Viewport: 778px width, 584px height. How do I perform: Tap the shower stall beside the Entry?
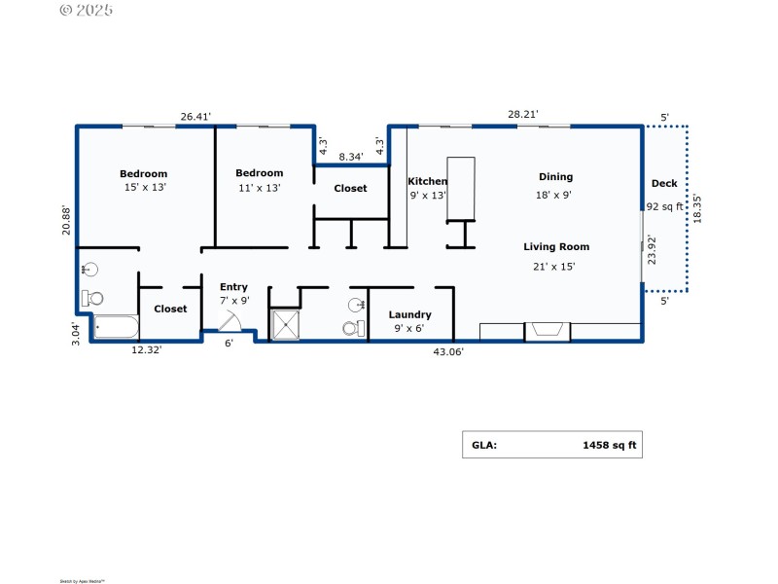tap(286, 325)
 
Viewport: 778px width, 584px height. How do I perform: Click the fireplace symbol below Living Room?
tap(548, 331)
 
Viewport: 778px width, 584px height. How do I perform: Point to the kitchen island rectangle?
tap(461, 189)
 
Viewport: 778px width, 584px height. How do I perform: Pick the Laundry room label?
tap(409, 314)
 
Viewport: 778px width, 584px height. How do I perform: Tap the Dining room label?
tap(555, 177)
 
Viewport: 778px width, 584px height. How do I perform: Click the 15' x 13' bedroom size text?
tap(144, 187)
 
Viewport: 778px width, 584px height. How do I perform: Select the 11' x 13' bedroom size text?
tap(259, 187)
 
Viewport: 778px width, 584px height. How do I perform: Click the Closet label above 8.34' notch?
tap(350, 188)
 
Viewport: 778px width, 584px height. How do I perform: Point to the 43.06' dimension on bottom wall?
tap(447, 352)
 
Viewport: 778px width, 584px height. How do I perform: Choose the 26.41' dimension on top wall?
tap(195, 116)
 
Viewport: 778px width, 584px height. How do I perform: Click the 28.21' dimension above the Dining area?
tap(522, 114)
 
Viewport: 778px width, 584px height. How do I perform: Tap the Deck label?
tap(664, 183)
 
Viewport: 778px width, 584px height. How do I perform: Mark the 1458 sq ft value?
tap(609, 445)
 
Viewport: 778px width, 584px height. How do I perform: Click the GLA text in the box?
tap(484, 445)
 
